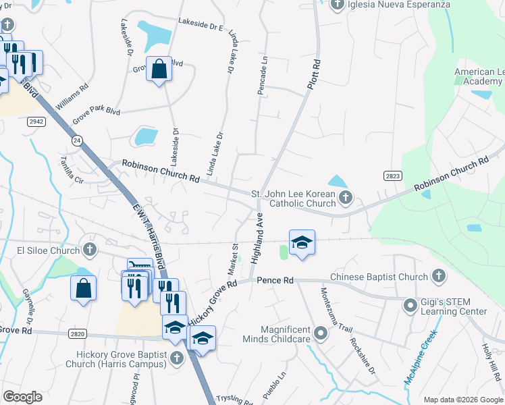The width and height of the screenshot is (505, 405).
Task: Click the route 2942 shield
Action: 36,121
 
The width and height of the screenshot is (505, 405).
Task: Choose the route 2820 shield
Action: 78,333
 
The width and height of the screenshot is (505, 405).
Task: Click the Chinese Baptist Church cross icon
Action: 439,276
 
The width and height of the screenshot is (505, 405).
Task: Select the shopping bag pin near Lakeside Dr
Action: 159,69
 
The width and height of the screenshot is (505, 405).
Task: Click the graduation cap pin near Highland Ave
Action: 302,242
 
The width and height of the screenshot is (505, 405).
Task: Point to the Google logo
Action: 22,397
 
